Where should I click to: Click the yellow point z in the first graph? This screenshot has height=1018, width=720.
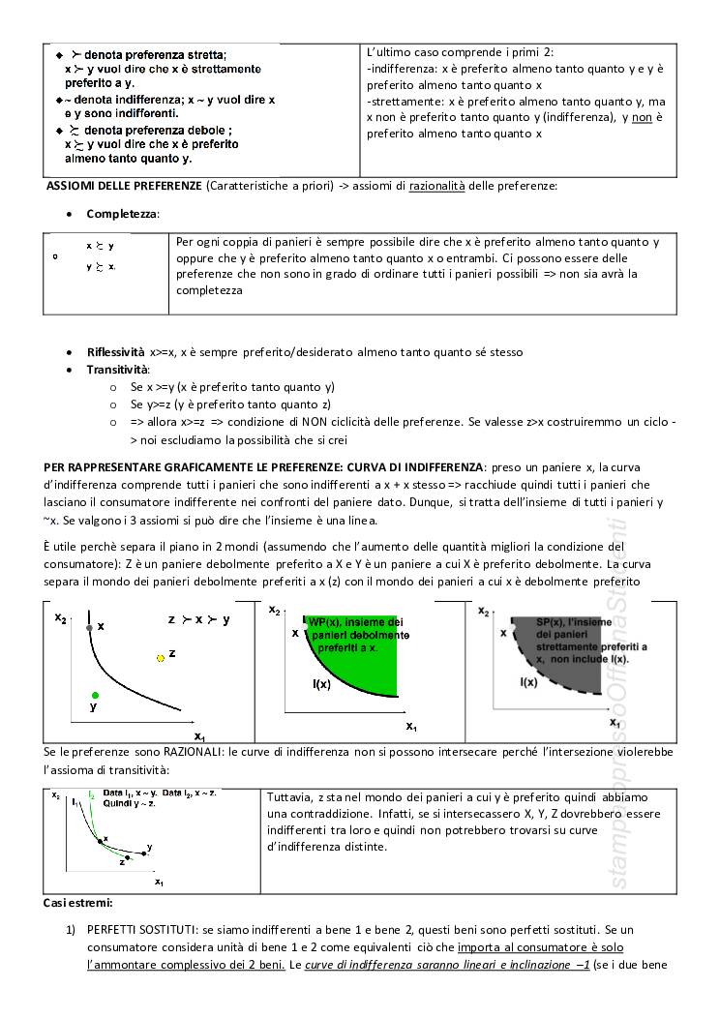pyautogui.click(x=161, y=657)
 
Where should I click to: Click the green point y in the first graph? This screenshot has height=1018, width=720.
pyautogui.click(x=95, y=695)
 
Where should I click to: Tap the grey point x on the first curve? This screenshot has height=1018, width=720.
pyautogui.click(x=89, y=628)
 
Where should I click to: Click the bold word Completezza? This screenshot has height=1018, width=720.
pyautogui.click(x=123, y=213)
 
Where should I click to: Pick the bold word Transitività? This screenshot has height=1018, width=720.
pyautogui.click(x=117, y=370)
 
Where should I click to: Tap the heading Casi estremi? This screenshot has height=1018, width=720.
pyautogui.click(x=77, y=903)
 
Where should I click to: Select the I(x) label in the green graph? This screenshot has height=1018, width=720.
pyautogui.click(x=322, y=684)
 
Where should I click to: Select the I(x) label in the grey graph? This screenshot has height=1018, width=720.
pyautogui.click(x=529, y=682)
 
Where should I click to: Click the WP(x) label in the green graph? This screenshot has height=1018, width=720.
pyautogui.click(x=323, y=621)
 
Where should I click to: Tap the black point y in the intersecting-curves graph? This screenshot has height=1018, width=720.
pyautogui.click(x=145, y=853)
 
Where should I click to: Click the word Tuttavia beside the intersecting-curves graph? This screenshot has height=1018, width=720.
pyautogui.click(x=288, y=796)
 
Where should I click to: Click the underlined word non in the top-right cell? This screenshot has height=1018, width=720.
pyautogui.click(x=635, y=118)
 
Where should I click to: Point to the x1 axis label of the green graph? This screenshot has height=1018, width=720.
pyautogui.click(x=410, y=726)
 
